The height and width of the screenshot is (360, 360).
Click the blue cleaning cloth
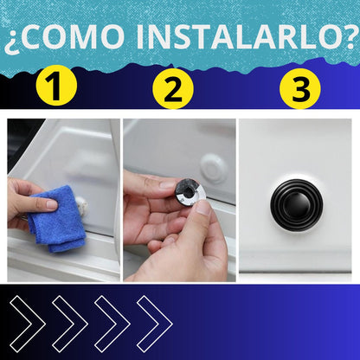click(55, 222)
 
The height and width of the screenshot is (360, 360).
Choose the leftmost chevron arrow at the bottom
click(27, 322)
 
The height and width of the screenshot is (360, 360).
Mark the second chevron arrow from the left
click(69, 322)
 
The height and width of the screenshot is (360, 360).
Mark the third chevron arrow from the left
click(112, 322)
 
